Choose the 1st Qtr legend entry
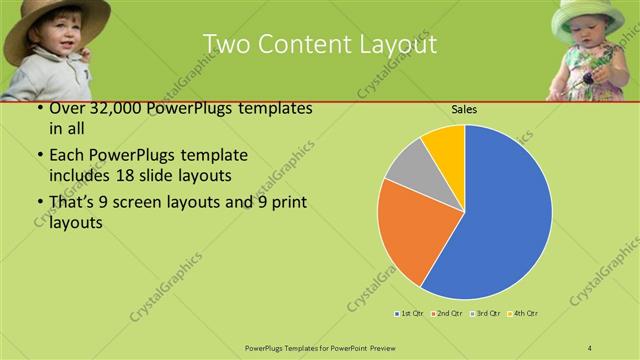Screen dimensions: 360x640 click(410, 314)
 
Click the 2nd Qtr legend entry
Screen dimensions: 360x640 click(446, 314)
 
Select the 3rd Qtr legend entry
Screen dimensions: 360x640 click(486, 314)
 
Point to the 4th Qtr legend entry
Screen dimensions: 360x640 click(523, 314)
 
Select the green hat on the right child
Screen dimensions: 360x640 click(591, 12)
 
